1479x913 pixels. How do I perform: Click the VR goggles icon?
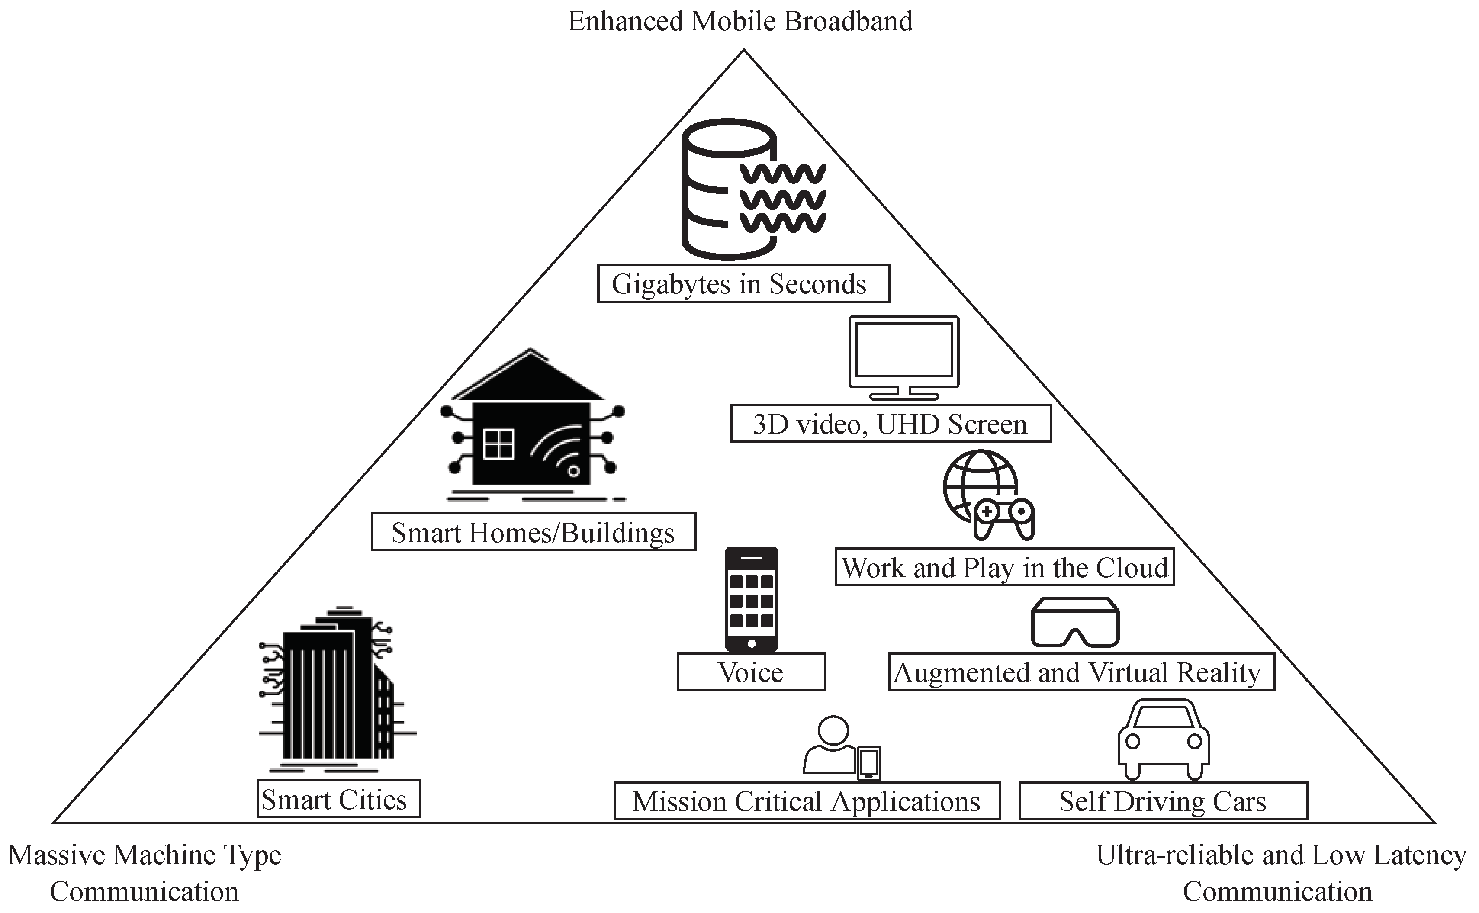1075,623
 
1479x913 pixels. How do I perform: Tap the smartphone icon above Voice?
752,599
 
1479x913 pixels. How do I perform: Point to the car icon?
1163,739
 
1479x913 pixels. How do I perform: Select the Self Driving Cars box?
1163,802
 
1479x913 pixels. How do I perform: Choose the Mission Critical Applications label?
807,802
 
